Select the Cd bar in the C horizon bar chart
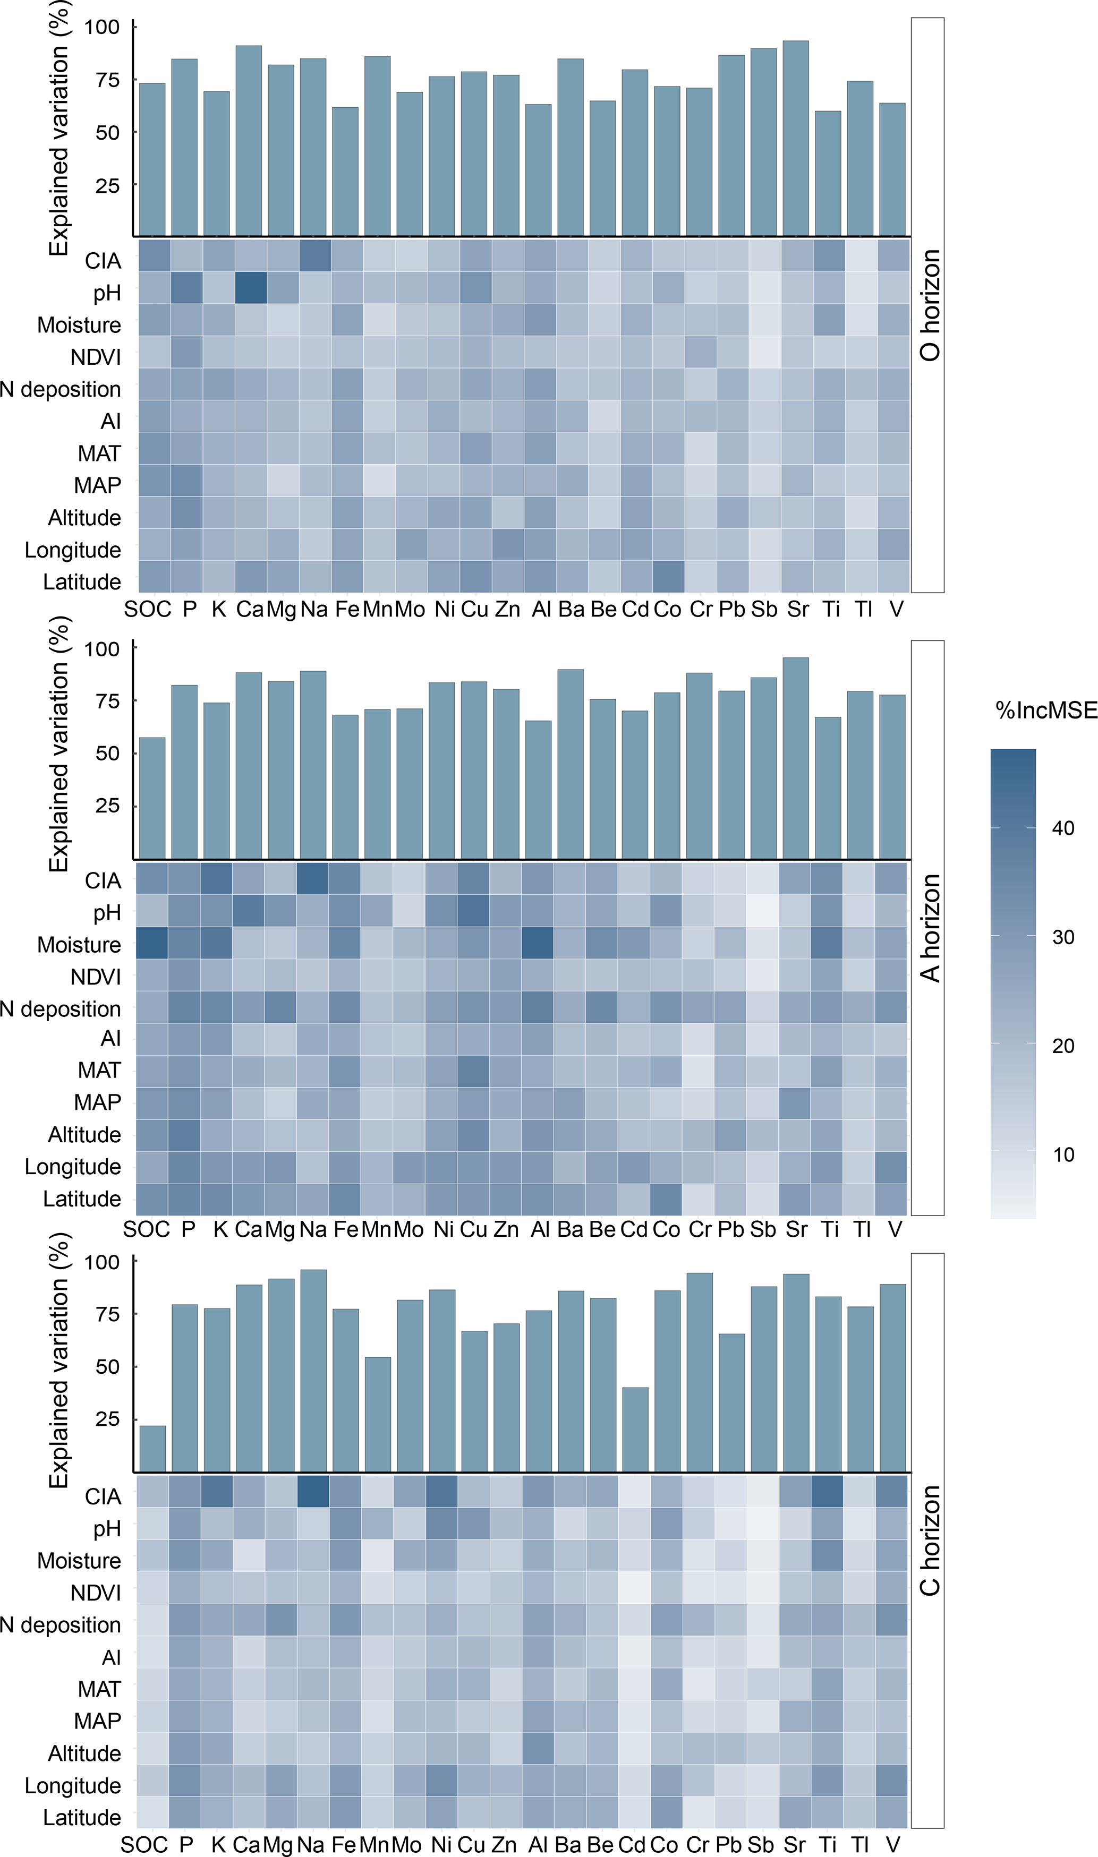[635, 1430]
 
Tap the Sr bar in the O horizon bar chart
[795, 138]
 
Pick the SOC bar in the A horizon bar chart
[152, 798]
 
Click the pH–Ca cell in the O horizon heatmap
[249, 287]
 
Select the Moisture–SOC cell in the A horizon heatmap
[152, 943]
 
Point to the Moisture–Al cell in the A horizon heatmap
[538, 943]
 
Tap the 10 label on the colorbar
[1063, 1154]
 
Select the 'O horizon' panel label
[929, 305]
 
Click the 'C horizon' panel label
[929, 1541]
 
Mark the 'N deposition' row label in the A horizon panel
[60, 1009]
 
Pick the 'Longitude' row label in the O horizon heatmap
[72, 550]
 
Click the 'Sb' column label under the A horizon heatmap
[763, 1229]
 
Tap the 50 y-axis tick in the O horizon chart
[107, 132]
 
